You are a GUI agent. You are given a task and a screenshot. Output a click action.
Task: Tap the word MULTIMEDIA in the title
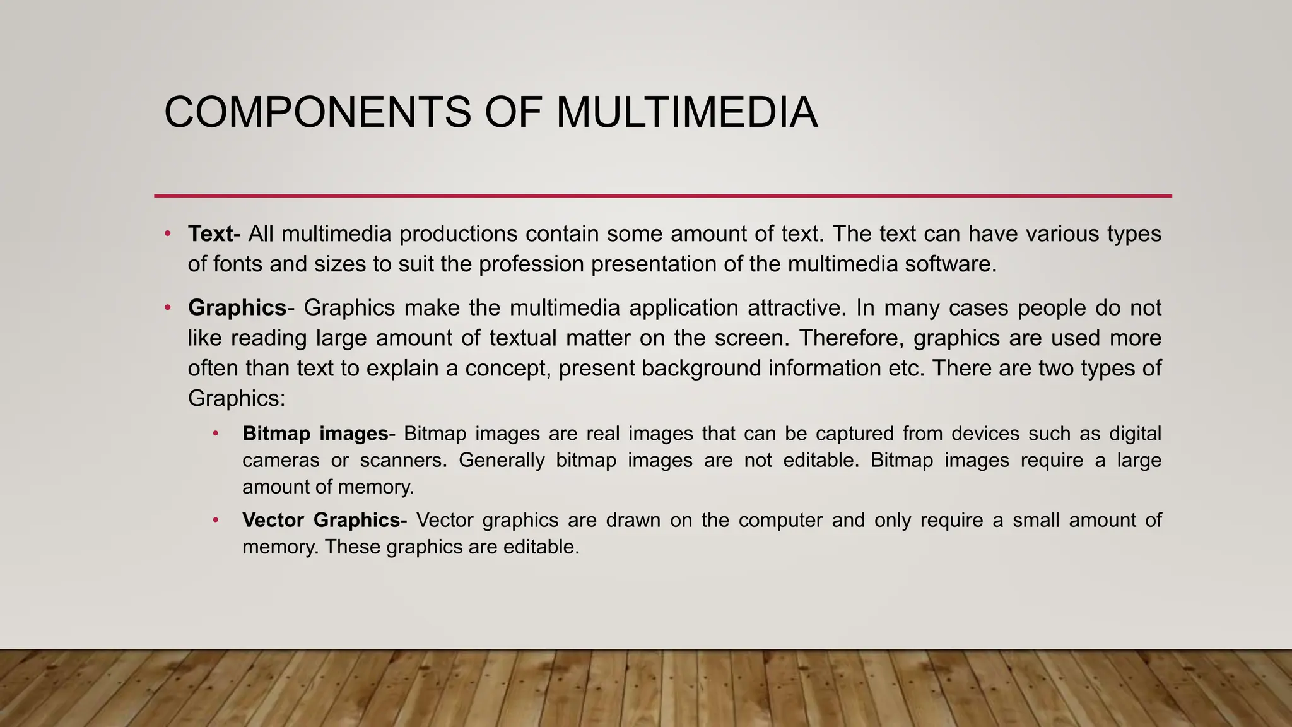[x=687, y=112]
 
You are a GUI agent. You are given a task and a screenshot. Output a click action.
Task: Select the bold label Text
[x=210, y=234]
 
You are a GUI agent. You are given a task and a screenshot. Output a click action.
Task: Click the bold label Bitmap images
[x=315, y=434]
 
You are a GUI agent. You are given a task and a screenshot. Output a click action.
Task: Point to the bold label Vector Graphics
[x=321, y=520]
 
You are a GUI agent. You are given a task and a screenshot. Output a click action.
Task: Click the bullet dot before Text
[x=167, y=234]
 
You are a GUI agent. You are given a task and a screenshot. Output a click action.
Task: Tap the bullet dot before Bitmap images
[x=216, y=434]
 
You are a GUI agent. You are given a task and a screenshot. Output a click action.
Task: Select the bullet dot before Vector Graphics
[x=216, y=520]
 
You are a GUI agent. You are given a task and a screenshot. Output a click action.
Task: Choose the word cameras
[x=281, y=461]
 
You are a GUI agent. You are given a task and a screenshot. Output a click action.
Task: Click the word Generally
[x=502, y=461]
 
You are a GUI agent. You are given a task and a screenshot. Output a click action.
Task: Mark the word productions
[x=459, y=234]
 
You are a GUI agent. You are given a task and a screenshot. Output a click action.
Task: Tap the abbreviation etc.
[x=906, y=369]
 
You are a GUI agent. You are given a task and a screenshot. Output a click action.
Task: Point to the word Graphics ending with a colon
[x=237, y=399]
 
